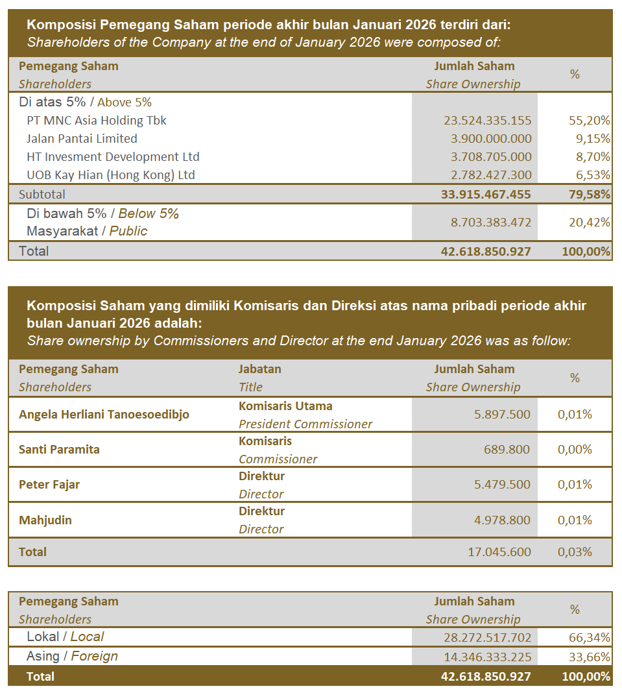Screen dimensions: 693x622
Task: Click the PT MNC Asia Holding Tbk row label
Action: point(97,121)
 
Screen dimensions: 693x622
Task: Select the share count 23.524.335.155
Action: point(487,121)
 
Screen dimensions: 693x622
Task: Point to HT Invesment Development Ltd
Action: point(113,157)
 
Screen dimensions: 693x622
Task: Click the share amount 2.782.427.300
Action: point(487,175)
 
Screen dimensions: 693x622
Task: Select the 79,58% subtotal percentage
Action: point(586,194)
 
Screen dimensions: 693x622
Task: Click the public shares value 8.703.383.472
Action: point(490,223)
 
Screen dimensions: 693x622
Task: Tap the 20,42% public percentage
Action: point(589,223)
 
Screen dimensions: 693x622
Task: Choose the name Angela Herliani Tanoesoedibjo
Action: point(104,415)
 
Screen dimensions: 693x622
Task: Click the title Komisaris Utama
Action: point(285,406)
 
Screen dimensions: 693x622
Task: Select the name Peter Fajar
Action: point(49,485)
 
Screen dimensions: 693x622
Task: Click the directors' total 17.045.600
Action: point(499,552)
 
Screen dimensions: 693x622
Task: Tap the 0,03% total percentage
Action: point(575,552)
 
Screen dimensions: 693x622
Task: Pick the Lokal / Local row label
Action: point(65,637)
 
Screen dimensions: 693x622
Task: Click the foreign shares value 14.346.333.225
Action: point(487,657)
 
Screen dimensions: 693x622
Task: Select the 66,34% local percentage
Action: point(589,638)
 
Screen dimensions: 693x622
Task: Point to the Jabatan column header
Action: point(260,369)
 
